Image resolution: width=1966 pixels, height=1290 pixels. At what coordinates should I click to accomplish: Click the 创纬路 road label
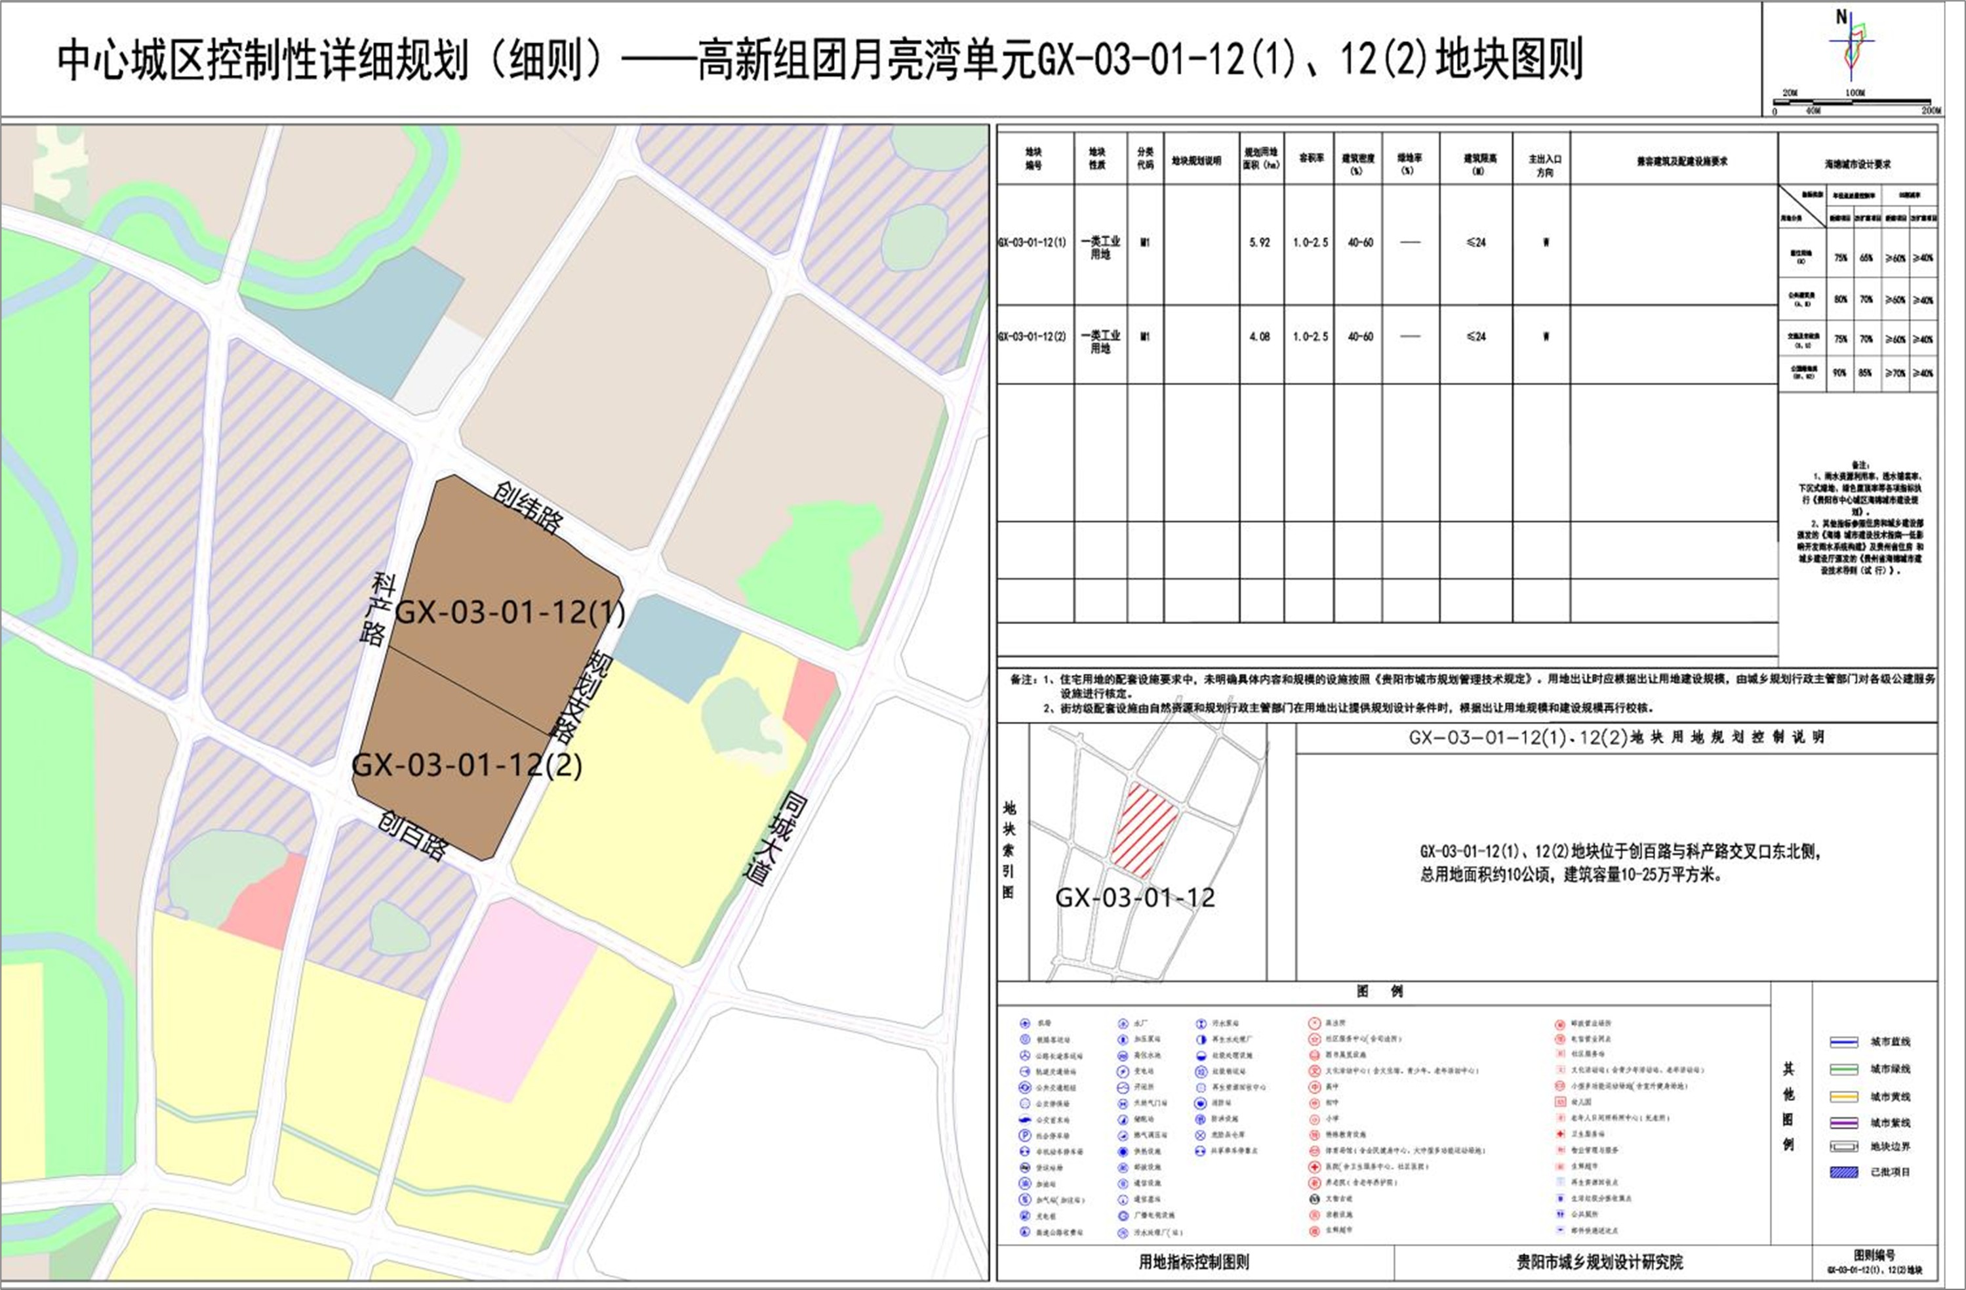(x=529, y=507)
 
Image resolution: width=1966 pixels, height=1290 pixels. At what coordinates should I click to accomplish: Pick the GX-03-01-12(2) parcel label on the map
(x=467, y=765)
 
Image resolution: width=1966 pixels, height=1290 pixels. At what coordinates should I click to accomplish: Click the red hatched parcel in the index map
(x=1144, y=829)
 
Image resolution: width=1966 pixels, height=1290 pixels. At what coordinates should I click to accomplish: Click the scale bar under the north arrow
(x=1855, y=102)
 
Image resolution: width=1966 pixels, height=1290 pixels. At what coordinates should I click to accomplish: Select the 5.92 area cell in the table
(x=1260, y=242)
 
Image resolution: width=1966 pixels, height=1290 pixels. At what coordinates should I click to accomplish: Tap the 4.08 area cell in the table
(x=1260, y=337)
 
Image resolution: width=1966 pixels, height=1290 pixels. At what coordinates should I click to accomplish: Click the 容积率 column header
(x=1310, y=158)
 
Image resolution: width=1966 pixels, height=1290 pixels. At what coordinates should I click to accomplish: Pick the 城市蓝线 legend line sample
(x=1844, y=1042)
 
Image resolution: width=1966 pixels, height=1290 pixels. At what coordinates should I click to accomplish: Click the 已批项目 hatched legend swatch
(x=1844, y=1172)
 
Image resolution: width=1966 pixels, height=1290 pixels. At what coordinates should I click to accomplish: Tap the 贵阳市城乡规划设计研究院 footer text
(x=1599, y=1262)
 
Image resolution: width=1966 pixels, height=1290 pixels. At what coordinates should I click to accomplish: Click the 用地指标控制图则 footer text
(x=1194, y=1262)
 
